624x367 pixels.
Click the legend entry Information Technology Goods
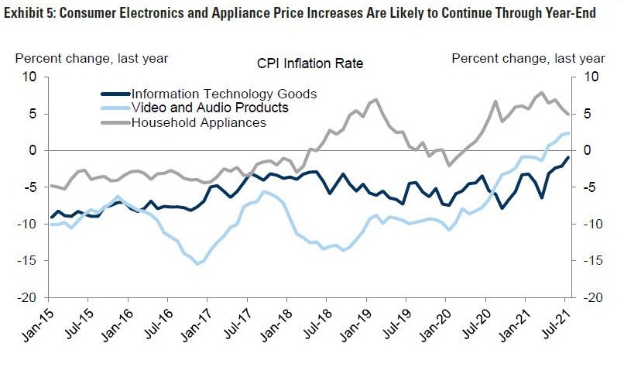pos(224,94)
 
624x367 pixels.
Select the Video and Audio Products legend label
pos(210,108)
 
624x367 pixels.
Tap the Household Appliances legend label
pos(199,122)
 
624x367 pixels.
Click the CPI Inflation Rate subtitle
pos(309,63)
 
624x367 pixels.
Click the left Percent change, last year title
pos(91,58)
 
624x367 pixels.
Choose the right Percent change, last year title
pos(529,58)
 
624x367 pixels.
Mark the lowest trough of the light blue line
pos(197,264)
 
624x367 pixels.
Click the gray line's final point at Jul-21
pos(569,115)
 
